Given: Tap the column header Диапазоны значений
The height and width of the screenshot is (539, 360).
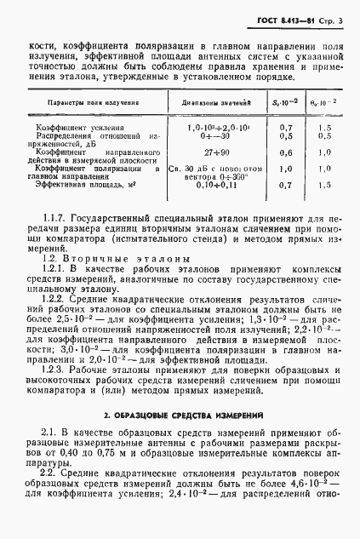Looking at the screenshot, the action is (211, 102).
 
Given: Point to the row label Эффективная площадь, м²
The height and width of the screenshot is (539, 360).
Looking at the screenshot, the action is (76, 183).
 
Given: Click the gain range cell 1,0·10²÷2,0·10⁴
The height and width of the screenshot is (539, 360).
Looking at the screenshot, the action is (209, 126).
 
